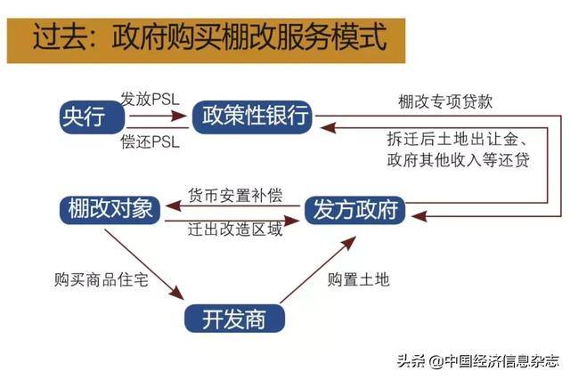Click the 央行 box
[92, 117]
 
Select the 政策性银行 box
[252, 117]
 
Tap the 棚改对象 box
[110, 210]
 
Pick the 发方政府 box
[354, 210]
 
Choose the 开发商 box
[234, 319]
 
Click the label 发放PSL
[151, 99]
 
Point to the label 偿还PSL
[151, 141]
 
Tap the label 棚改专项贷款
[445, 101]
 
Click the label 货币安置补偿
[235, 196]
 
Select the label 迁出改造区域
[235, 229]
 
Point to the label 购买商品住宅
[102, 279]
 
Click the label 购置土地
[358, 279]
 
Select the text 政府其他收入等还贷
[458, 160]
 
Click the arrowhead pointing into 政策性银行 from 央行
[180, 117]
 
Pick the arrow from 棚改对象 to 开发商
[144, 264]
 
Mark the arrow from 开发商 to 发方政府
[318, 270]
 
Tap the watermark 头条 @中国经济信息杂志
[477, 361]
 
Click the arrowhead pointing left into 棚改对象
[173, 206]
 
